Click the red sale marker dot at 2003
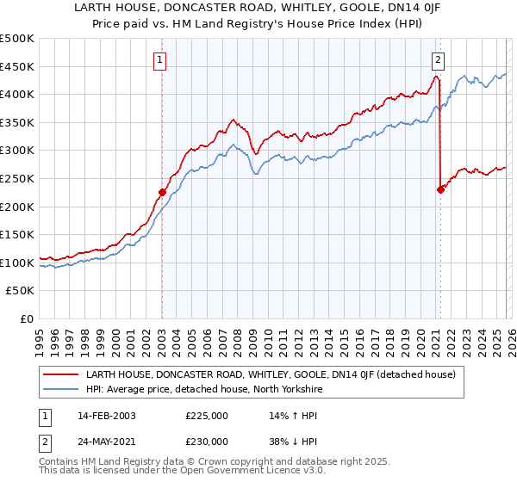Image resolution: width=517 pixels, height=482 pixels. (162, 193)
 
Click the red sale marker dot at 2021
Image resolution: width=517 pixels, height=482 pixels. (440, 190)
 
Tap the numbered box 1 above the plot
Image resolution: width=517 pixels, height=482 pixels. (160, 59)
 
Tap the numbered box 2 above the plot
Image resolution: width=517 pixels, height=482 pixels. (439, 59)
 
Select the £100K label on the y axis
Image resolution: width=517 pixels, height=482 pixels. (17, 263)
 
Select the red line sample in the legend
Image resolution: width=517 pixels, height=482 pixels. (61, 374)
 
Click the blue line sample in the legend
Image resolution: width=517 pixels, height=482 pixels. (61, 389)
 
